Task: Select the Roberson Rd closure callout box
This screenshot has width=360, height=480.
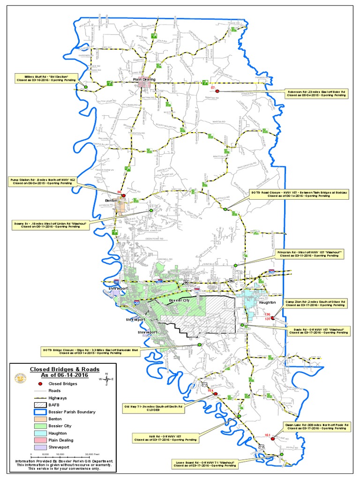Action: click(317, 93)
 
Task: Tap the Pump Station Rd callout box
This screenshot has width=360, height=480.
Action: click(43, 181)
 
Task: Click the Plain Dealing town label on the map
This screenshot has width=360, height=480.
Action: click(144, 80)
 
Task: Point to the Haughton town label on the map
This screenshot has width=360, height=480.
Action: click(268, 303)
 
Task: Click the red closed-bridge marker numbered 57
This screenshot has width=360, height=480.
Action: click(217, 91)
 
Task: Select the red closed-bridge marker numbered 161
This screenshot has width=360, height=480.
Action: click(272, 439)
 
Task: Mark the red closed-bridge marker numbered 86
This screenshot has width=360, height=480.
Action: click(124, 195)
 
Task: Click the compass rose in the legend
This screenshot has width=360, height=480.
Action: click(107, 379)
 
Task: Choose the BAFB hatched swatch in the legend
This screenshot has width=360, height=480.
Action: click(39, 405)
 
